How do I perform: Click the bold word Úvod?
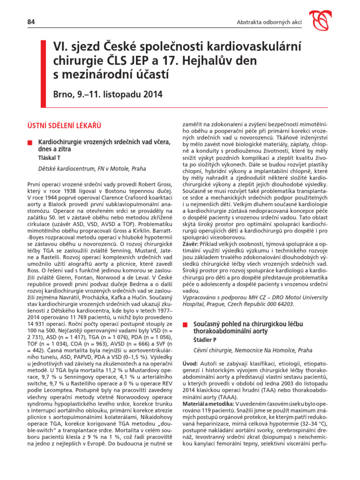tap(190, 364)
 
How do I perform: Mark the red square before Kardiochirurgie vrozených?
tap(29, 142)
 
